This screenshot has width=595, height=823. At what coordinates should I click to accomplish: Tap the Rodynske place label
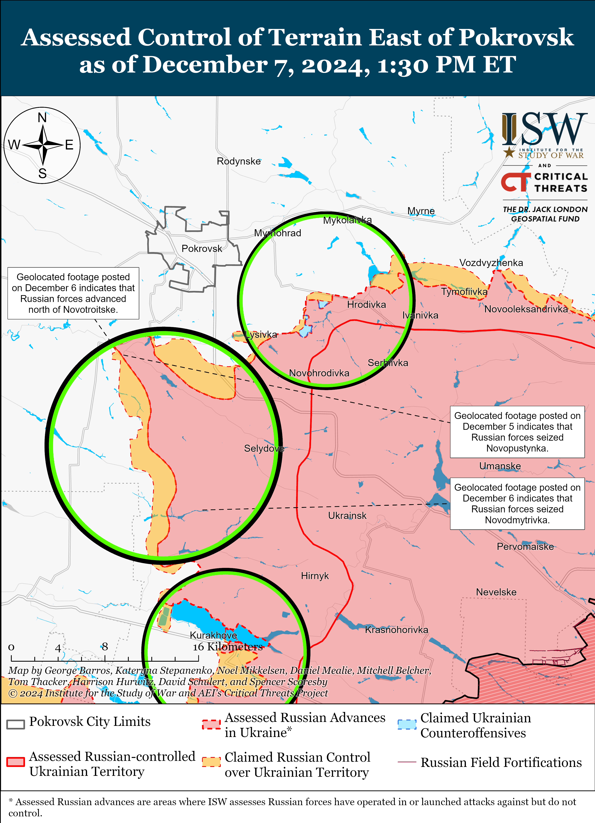pos(239,161)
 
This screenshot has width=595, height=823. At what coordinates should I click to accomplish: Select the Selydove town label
pos(264,449)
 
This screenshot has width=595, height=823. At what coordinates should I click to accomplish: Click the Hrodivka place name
pos(366,304)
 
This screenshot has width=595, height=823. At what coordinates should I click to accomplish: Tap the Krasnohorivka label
pos(396,630)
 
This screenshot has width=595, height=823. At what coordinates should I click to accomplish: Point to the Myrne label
pos(421,211)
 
